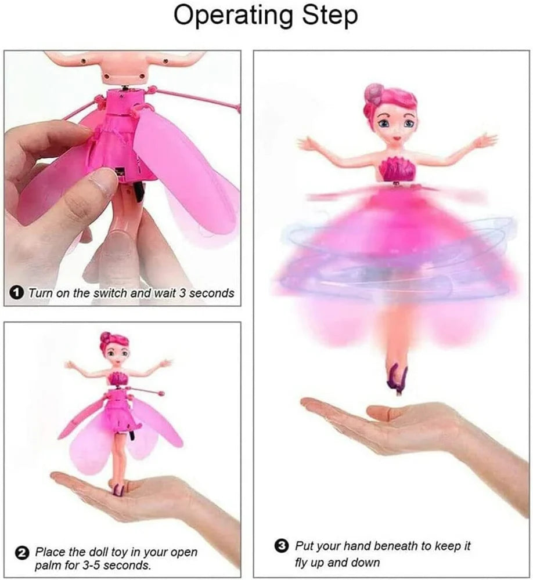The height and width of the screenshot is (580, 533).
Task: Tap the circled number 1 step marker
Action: click(x=17, y=292)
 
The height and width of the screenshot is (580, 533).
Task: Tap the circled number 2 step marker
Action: click(x=22, y=552)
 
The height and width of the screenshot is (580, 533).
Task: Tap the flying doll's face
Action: click(x=395, y=126)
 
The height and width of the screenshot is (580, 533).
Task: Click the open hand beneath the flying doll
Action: click(x=395, y=420)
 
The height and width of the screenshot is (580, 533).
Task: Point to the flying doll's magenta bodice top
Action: click(x=397, y=169)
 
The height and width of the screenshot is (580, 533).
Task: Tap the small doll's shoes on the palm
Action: click(x=119, y=489)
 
